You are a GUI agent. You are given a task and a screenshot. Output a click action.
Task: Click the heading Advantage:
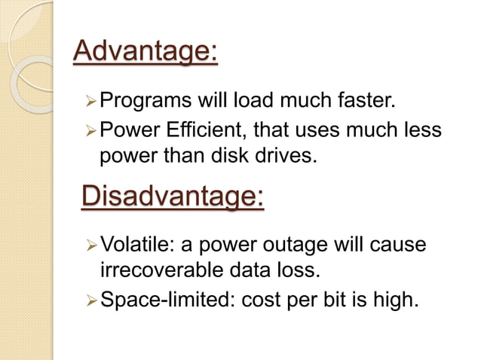point(145,53)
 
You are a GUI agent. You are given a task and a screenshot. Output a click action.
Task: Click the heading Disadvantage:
point(172,197)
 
